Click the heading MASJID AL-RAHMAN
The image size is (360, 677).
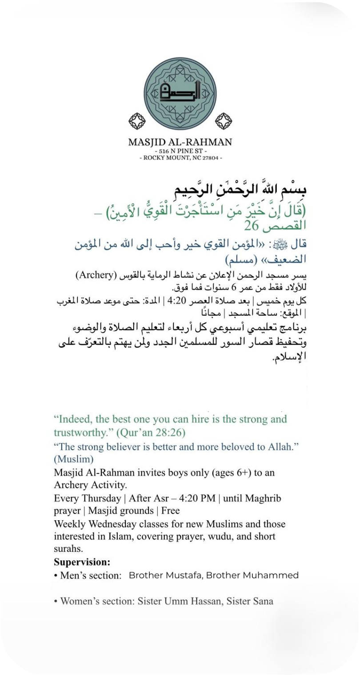[x=180, y=142]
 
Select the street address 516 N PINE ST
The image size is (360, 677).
[x=180, y=151]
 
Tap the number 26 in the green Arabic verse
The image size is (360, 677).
[x=252, y=226]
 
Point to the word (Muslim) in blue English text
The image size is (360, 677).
[x=74, y=458]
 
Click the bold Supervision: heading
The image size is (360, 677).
[x=82, y=562]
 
